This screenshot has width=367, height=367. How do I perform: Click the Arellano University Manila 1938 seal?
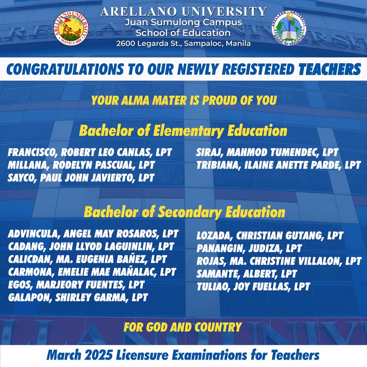coord(72,28)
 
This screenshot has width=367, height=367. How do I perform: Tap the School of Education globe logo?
coord(289,29)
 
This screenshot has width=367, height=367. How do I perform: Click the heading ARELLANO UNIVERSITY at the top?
coord(183,12)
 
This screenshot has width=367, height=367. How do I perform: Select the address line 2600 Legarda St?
coord(183,43)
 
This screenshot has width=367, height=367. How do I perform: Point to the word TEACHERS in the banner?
coord(330,69)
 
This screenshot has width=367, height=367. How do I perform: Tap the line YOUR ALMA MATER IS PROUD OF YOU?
coord(183,100)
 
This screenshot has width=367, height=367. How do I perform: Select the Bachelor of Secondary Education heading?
coord(184,212)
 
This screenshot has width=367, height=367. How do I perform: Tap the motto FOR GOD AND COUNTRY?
coord(182,327)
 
